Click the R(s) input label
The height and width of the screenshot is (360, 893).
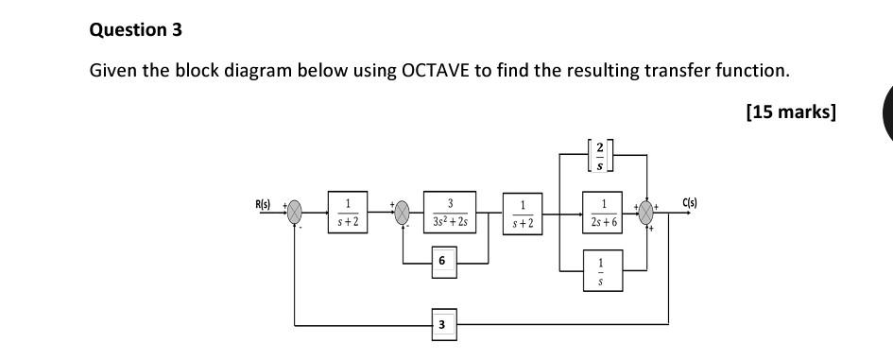pyautogui.click(x=262, y=204)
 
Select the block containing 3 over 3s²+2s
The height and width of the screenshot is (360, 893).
pyautogui.click(x=450, y=211)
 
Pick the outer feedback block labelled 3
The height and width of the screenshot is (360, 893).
pyautogui.click(x=441, y=326)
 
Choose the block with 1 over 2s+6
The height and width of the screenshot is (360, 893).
pyautogui.click(x=602, y=212)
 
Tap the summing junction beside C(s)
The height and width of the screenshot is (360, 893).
pyautogui.click(x=647, y=212)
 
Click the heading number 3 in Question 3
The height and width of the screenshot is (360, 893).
pyautogui.click(x=176, y=29)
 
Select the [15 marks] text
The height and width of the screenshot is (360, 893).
pyautogui.click(x=791, y=112)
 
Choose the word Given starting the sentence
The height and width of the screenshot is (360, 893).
pyautogui.click(x=112, y=71)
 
